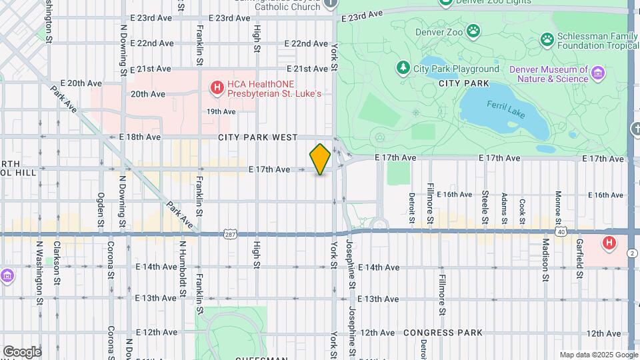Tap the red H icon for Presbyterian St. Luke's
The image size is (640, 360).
tap(216, 87)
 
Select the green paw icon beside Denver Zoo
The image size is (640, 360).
tap(473, 30)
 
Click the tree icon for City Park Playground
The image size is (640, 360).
tap(403, 68)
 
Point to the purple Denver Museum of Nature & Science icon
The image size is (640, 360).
tap(598, 73)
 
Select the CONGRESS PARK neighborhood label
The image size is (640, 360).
tap(437, 333)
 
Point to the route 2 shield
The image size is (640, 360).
tap(631, 252)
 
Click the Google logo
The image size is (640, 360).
tap(21, 351)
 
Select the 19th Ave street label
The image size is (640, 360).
tap(221, 112)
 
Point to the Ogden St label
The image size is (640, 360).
tap(101, 205)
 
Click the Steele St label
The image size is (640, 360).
tap(485, 203)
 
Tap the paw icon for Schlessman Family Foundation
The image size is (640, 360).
tap(547, 39)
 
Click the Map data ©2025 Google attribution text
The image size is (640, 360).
tap(598, 355)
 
